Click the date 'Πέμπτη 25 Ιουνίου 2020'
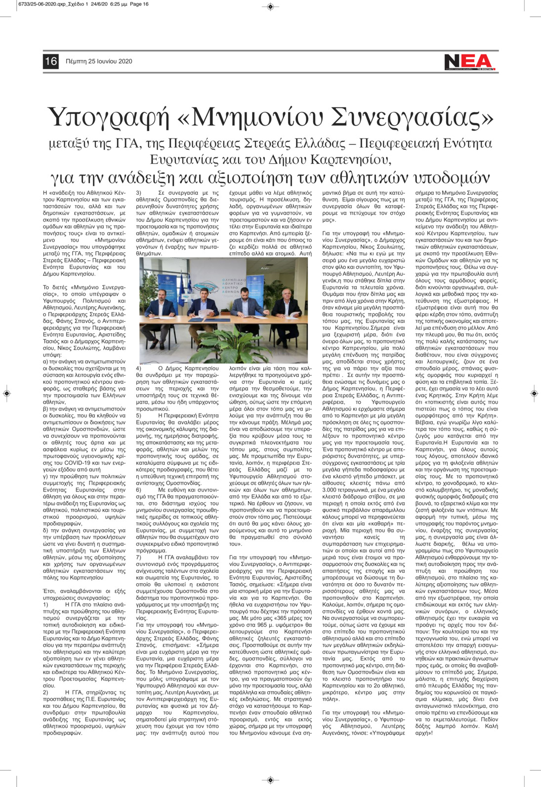point(99,62)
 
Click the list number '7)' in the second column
point(139,557)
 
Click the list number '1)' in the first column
point(46,604)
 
